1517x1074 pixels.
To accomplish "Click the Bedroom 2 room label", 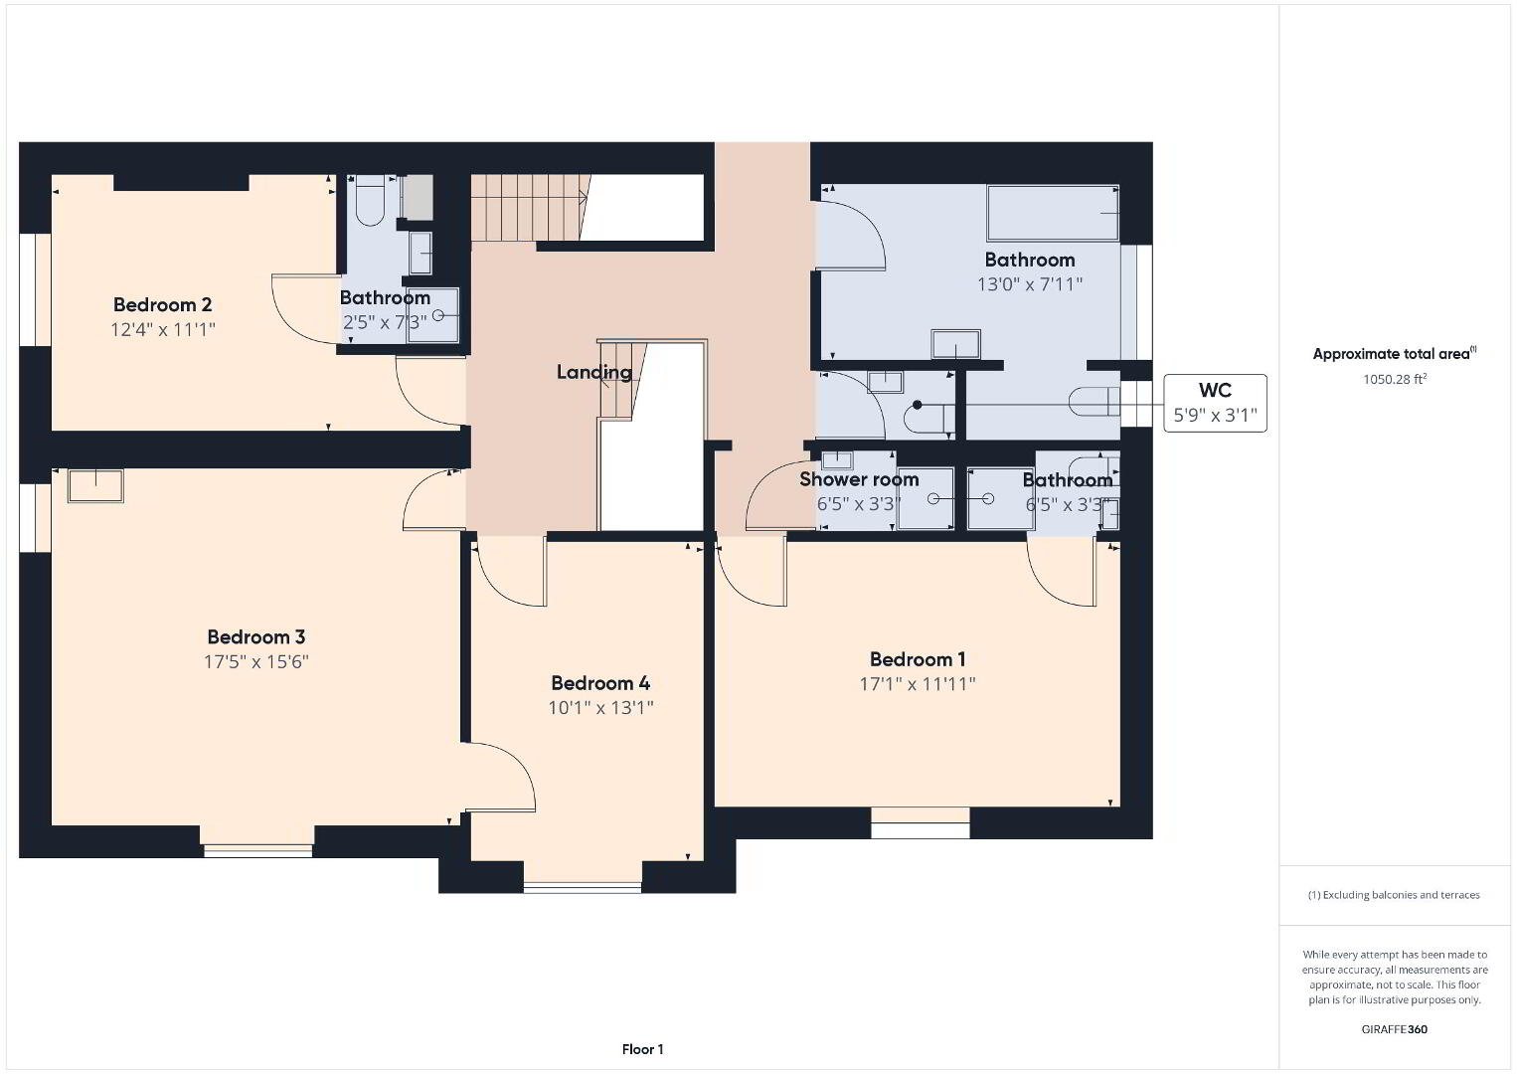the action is (163, 305).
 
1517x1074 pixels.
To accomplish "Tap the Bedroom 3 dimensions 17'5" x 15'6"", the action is (256, 661).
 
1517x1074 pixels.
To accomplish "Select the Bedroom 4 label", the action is (600, 683).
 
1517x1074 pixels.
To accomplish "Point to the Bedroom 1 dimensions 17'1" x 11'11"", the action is (918, 684).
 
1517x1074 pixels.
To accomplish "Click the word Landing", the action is (593, 372).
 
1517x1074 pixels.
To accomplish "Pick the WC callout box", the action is (1215, 403).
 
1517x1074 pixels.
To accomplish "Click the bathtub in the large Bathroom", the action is (1053, 213).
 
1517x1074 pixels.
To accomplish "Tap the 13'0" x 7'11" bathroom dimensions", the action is (1030, 284).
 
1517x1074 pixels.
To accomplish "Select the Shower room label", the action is (859, 479).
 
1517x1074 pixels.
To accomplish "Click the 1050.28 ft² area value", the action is (1395, 379).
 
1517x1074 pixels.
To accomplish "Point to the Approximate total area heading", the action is (1395, 353).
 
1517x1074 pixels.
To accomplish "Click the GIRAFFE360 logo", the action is (1395, 1029).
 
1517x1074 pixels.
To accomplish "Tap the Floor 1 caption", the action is (643, 1049).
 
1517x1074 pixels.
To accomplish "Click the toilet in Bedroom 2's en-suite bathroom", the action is (370, 200).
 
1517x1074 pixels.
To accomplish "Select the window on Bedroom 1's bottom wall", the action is (920, 822).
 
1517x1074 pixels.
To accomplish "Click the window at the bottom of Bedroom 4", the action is (583, 887).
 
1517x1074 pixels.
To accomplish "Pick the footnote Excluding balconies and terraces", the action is (1395, 895).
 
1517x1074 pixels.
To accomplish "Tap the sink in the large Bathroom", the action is (955, 344).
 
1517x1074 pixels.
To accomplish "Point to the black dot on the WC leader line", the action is (917, 405).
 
